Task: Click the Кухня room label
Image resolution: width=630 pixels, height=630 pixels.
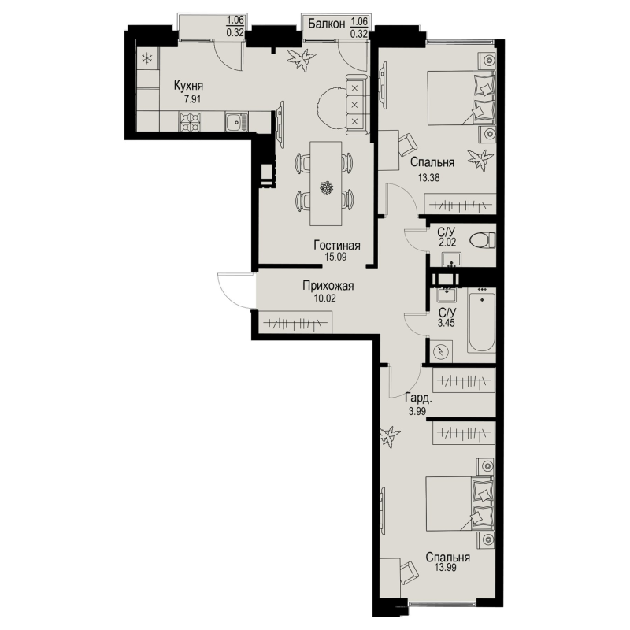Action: (188, 86)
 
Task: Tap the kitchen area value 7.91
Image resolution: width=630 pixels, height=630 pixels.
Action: (192, 99)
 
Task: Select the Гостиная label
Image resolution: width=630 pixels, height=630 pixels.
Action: (337, 246)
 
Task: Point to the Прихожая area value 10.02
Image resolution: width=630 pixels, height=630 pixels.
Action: (324, 298)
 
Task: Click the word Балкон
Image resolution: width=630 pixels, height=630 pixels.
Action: (327, 24)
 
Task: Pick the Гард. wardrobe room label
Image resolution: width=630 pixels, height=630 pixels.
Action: (418, 398)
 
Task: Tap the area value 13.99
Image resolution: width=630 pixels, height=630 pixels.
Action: (446, 567)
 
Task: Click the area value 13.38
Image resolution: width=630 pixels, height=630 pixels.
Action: (428, 178)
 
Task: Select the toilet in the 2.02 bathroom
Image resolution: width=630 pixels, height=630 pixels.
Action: (483, 241)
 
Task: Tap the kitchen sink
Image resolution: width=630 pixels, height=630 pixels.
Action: (236, 121)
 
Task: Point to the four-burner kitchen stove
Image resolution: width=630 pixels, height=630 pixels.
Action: (190, 121)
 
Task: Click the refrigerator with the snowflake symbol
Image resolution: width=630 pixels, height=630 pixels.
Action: (147, 59)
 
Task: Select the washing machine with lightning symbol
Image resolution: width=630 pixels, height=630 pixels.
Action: (441, 351)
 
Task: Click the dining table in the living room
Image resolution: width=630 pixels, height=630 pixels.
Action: (325, 183)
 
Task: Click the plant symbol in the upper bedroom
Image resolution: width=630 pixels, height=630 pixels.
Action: (480, 160)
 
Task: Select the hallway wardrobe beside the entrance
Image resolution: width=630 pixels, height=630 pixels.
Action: (295, 323)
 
